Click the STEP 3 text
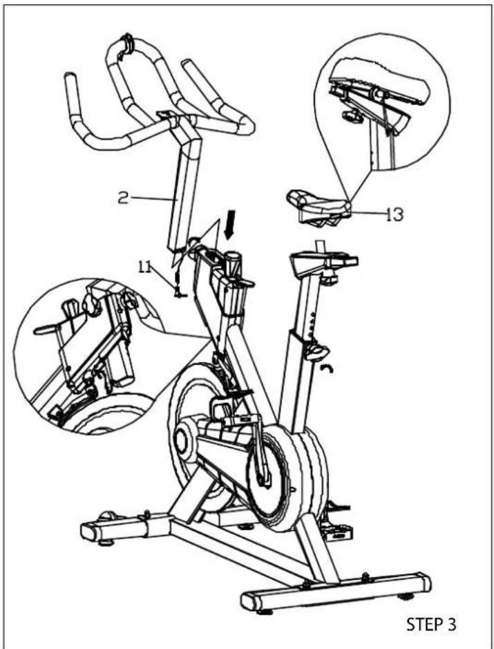(431, 625)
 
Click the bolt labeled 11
(178, 283)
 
